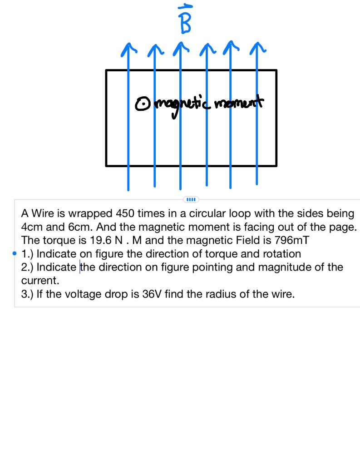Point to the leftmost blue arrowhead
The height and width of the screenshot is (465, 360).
pos(128,48)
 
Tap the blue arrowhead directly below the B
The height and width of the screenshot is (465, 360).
pos(181,47)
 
